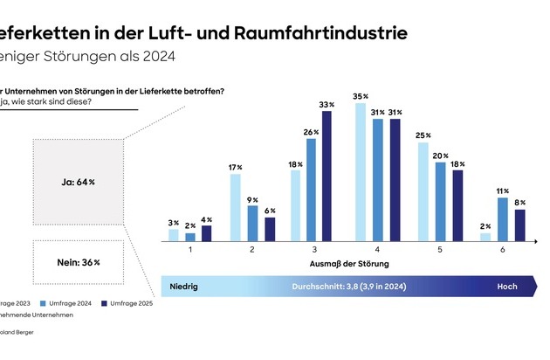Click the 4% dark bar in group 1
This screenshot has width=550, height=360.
coord(206,232)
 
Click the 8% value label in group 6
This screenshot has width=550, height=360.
coord(519,202)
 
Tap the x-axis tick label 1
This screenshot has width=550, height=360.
coord(191,248)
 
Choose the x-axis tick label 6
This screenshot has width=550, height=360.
coord(504,248)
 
